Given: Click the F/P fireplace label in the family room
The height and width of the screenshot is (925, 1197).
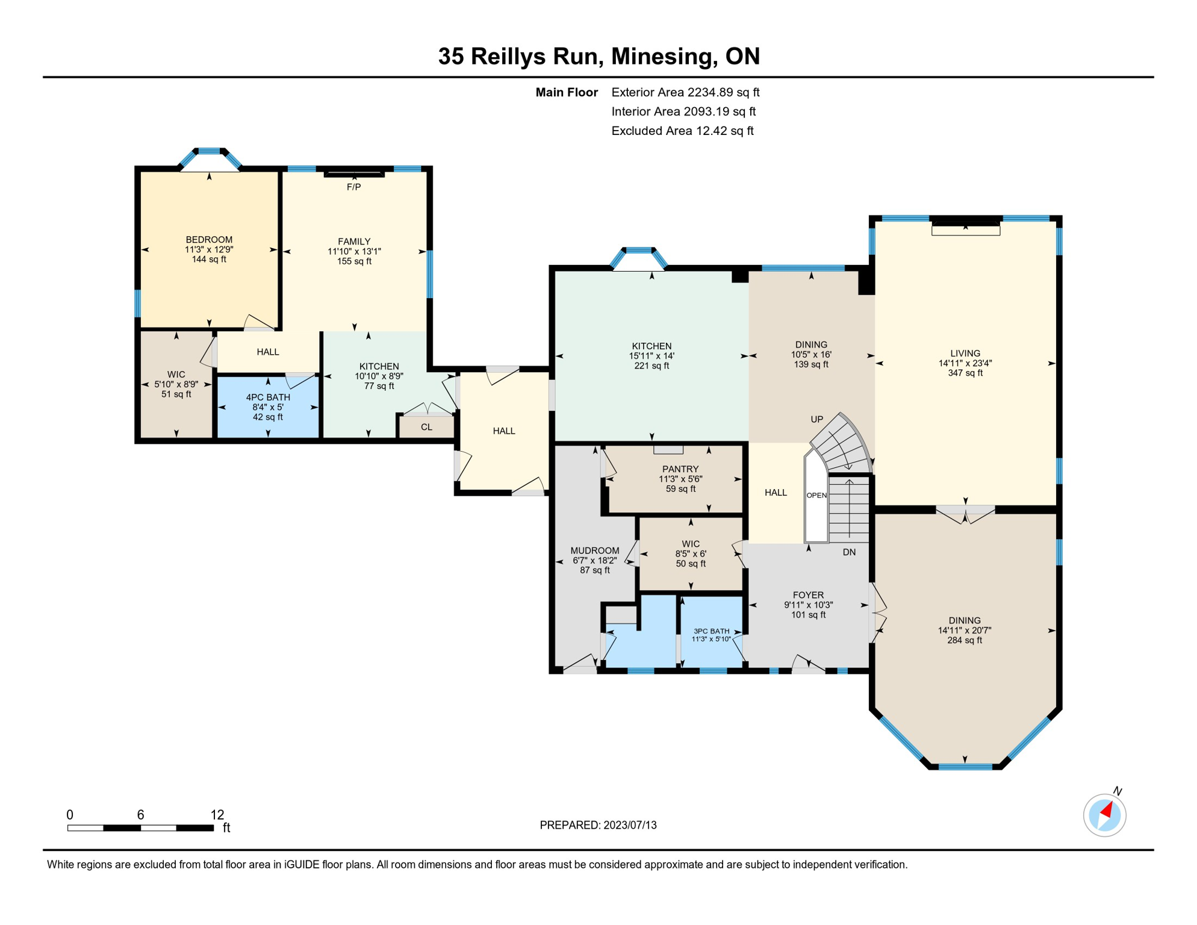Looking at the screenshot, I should (x=353, y=187).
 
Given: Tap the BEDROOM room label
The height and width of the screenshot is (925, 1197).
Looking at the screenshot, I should (x=209, y=240).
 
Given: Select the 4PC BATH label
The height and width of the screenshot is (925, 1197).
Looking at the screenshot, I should (x=268, y=397).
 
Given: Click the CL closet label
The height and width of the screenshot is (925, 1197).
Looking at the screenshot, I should (x=426, y=427).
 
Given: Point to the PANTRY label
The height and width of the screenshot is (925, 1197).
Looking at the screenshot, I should (x=680, y=469).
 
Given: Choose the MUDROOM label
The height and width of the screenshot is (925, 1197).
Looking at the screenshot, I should (x=594, y=550).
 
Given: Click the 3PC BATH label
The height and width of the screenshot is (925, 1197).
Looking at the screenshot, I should (x=711, y=631).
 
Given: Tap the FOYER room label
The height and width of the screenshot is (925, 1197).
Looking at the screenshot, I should (x=808, y=595).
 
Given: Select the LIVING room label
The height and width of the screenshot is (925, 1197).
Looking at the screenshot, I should (x=965, y=353).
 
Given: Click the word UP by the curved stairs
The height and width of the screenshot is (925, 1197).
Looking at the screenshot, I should (x=816, y=419).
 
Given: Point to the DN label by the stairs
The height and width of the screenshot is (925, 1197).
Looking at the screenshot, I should (x=849, y=552).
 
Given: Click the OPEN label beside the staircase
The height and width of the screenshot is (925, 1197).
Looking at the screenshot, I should (x=816, y=495).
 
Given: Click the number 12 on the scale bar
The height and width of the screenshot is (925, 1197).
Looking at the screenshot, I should (x=217, y=815).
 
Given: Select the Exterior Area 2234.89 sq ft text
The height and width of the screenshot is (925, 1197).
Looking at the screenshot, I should (x=685, y=92).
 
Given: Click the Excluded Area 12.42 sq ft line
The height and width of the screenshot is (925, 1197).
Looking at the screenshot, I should (x=682, y=131).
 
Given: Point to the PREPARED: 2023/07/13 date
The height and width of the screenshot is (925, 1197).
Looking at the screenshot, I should (x=598, y=825).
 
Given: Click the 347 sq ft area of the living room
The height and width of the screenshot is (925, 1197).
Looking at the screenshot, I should (x=965, y=373).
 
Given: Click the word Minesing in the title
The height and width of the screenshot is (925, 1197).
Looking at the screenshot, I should (x=664, y=56).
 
